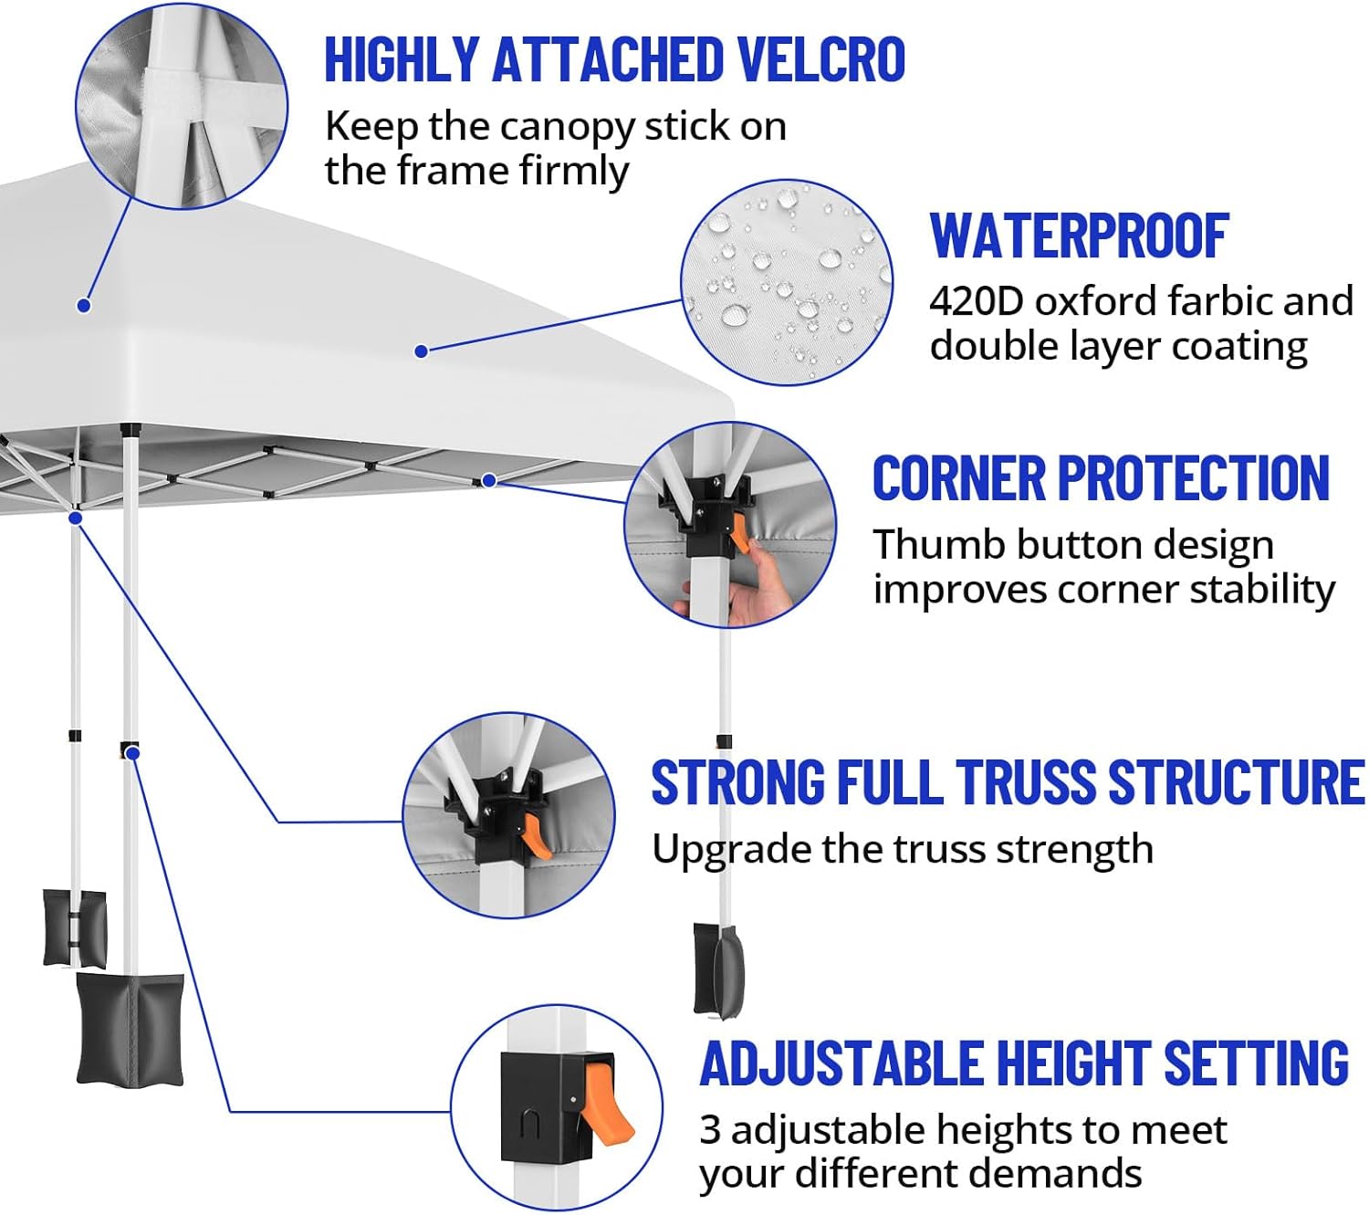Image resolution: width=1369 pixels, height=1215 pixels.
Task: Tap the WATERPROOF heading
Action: (1079, 236)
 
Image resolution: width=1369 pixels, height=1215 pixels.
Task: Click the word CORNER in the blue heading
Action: (958, 477)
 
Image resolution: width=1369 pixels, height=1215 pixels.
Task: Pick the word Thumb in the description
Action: (938, 544)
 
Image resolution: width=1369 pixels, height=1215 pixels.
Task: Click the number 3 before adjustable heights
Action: (709, 1130)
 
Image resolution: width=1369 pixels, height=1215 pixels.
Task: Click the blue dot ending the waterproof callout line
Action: (421, 351)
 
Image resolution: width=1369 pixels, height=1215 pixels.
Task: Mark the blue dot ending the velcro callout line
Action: (84, 306)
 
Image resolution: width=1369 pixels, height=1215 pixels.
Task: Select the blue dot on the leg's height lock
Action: (132, 753)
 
